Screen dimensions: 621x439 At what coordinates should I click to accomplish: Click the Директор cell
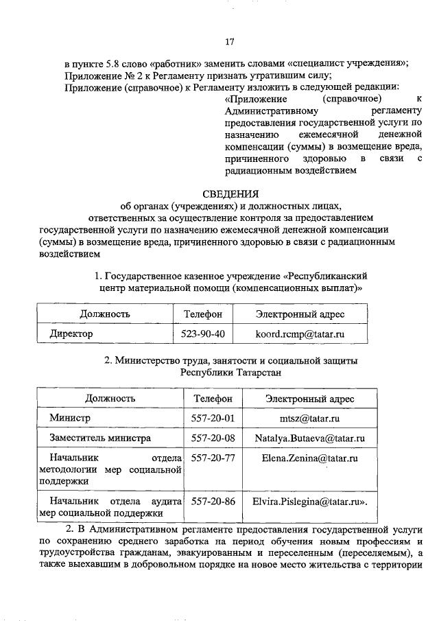71,334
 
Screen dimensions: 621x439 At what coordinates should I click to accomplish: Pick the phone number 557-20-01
213,418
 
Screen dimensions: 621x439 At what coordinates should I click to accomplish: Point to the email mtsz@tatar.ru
307,418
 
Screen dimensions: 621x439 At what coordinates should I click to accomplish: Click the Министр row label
70,418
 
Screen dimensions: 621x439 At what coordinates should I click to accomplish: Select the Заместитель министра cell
100,438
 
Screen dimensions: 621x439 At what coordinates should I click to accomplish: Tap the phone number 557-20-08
213,438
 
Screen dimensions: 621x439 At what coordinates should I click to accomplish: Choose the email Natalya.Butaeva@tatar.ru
307,438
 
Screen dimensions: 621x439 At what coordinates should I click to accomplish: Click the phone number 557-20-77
213,457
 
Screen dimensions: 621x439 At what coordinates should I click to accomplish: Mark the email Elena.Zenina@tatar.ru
307,457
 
